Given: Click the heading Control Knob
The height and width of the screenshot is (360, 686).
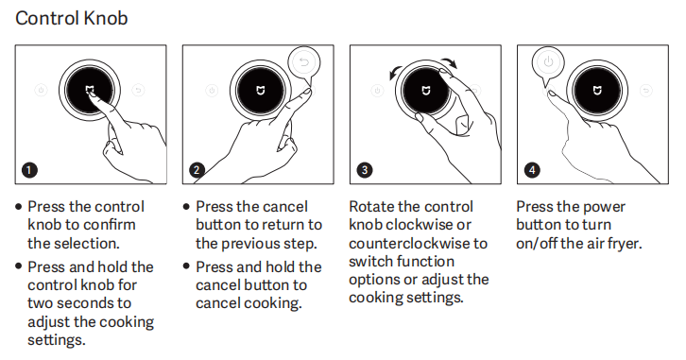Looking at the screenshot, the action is click(71, 18).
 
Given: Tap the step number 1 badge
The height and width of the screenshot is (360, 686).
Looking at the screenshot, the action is click(29, 170).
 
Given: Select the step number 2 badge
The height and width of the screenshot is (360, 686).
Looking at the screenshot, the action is click(197, 170).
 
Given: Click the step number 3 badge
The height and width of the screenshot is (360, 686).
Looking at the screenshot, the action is click(365, 170).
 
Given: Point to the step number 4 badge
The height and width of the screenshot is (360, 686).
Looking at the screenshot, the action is click(532, 170).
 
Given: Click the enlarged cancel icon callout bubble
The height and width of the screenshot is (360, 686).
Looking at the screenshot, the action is click(304, 62).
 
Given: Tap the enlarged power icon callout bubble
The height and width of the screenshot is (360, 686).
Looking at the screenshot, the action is click(548, 62).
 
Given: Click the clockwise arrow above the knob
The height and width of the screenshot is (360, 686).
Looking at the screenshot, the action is click(450, 62).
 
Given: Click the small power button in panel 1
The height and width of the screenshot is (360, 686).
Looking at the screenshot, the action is click(42, 91).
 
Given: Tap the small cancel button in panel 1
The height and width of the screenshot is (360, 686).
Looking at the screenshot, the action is click(138, 91).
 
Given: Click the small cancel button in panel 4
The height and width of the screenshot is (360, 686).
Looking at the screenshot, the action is click(645, 91).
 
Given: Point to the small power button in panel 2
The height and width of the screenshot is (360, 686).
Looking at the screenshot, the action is click(213, 91).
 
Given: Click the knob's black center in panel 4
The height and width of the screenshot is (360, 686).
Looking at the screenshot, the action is click(597, 91).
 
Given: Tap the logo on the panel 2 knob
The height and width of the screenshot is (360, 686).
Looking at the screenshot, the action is click(260, 91).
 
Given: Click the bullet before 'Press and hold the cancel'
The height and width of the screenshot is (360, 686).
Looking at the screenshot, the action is click(186, 266).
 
